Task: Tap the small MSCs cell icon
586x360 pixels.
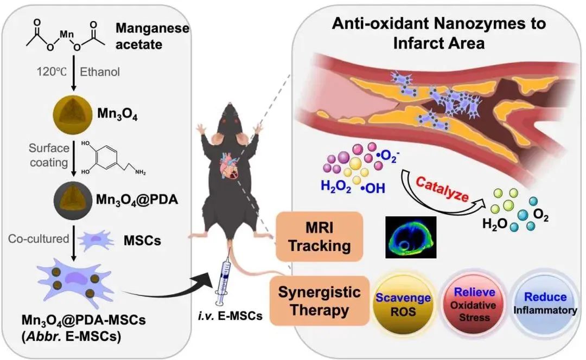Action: (97, 239)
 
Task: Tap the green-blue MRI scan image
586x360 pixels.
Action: (410, 236)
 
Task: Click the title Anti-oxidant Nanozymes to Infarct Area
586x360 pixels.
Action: (439, 33)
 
